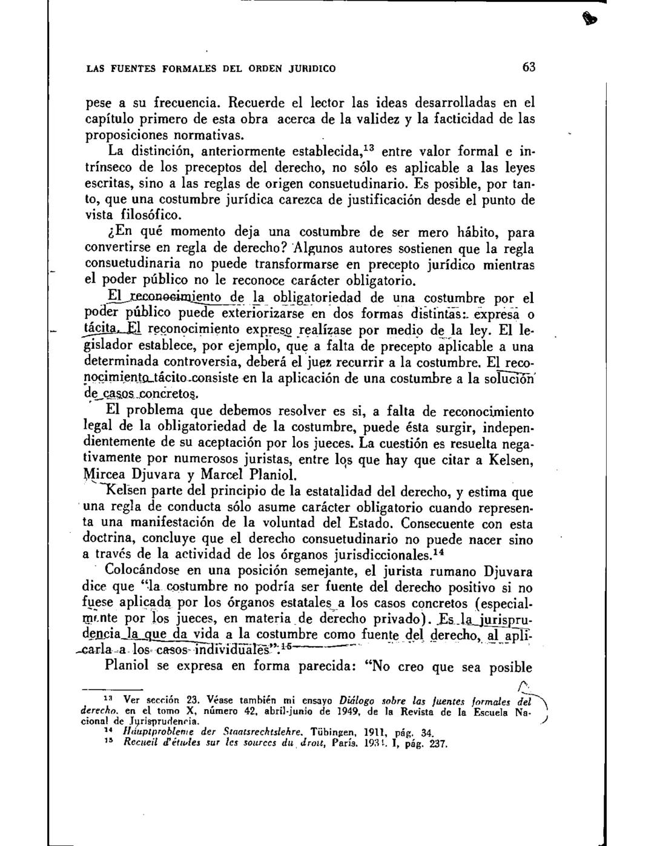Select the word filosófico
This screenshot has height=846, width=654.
click(146, 215)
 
